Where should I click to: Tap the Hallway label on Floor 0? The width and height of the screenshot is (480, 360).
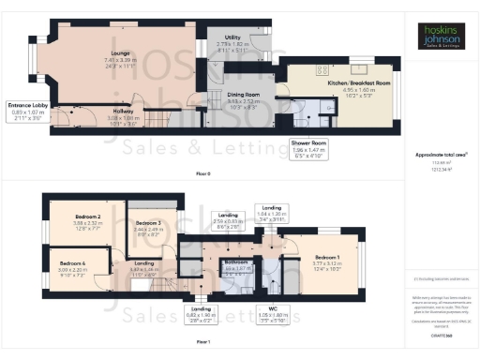click(123, 111)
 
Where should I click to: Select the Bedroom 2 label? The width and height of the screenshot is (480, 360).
click(86, 216)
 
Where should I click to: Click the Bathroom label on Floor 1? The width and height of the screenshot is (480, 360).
click(234, 262)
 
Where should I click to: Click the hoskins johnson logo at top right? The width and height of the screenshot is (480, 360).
click(441, 37)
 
